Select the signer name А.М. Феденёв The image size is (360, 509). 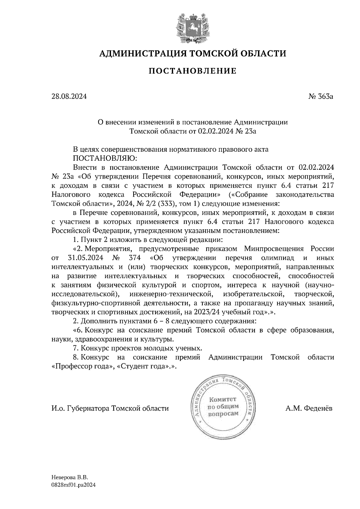(x=309, y=408)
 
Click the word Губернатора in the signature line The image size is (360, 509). (x=88, y=408)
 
